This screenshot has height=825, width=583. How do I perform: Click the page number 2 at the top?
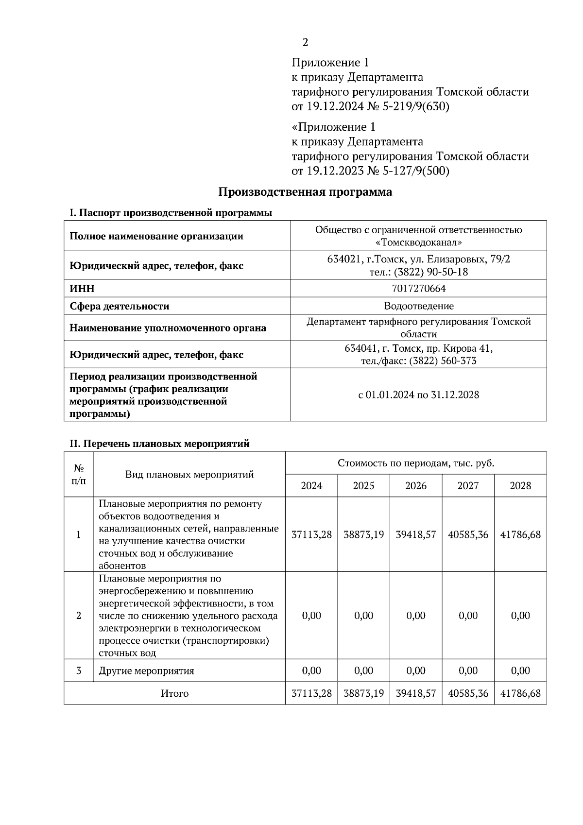(305, 43)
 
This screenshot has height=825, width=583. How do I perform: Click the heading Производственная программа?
(305, 192)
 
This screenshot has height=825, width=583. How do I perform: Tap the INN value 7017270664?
(418, 289)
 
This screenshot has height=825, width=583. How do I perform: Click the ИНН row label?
(82, 289)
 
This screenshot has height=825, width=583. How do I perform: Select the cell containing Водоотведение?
(418, 306)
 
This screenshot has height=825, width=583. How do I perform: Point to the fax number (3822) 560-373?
(443, 361)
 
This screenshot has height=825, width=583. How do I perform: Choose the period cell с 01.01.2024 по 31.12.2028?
(418, 395)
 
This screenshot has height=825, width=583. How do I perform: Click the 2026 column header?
(416, 486)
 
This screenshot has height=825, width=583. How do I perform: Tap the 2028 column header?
(520, 486)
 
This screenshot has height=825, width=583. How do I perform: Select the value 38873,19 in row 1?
(363, 534)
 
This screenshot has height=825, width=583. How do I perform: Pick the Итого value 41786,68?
(520, 693)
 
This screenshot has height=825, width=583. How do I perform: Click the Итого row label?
(174, 693)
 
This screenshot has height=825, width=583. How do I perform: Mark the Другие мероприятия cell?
(146, 671)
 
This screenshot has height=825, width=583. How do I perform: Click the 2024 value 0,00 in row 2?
(311, 616)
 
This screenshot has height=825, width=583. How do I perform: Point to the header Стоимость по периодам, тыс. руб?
(416, 463)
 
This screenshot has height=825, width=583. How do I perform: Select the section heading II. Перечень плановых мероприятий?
(159, 444)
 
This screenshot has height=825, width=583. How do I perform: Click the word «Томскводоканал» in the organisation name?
(418, 242)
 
